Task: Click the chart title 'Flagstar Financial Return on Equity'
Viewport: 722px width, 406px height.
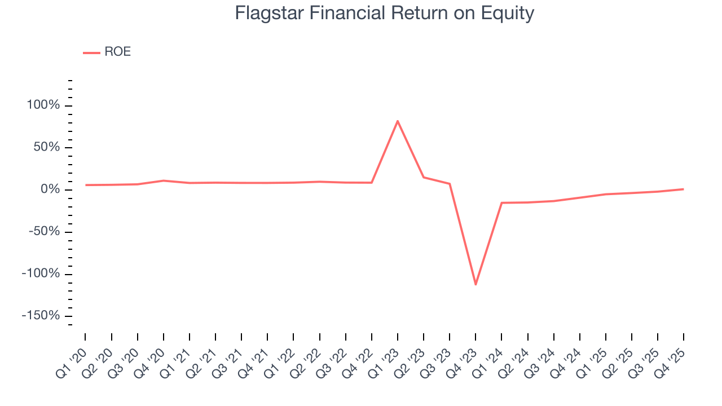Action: [384, 13]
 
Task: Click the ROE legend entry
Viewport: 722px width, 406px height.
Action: [107, 52]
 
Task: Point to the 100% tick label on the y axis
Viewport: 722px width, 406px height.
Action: [43, 105]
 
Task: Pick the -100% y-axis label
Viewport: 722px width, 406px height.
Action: [41, 273]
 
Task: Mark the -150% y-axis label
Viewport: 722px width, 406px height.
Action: [41, 316]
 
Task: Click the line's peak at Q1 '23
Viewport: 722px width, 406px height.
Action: [398, 121]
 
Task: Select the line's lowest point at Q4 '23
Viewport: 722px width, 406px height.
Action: [476, 284]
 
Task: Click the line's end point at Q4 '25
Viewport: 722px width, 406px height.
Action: [684, 189]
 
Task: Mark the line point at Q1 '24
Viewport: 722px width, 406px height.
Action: [501, 202]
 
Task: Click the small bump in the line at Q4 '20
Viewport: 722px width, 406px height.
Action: [164, 180]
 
